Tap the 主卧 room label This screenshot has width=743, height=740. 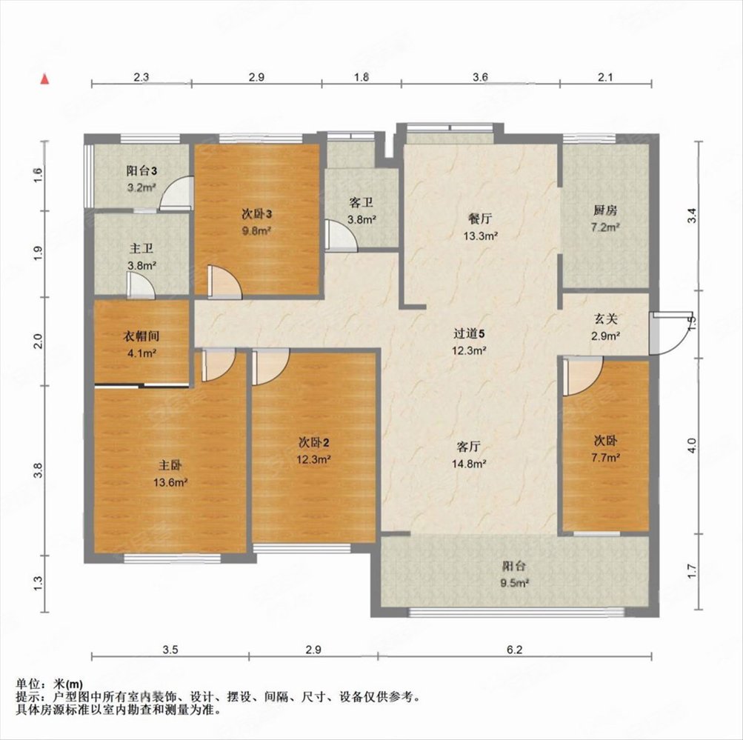(x=170, y=466)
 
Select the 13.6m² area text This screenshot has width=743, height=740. (x=170, y=481)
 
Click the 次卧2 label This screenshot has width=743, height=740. (x=316, y=443)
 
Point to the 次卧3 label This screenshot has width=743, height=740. (x=257, y=214)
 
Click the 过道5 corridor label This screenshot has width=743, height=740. (x=470, y=334)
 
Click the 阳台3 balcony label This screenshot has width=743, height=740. (x=141, y=171)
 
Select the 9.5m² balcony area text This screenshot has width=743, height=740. (x=514, y=582)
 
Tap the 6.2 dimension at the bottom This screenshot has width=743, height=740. (x=515, y=650)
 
